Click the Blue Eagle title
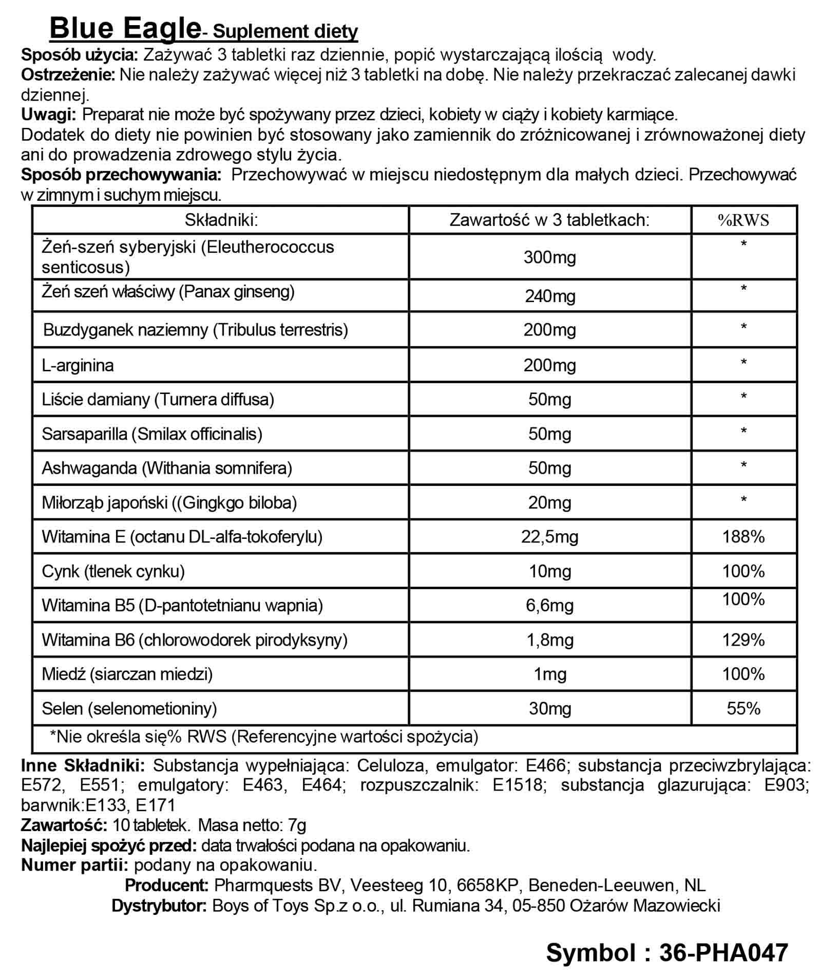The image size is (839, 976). click(x=125, y=28)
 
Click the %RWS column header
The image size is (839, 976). click(x=743, y=220)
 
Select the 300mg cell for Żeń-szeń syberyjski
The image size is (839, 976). click(x=549, y=257)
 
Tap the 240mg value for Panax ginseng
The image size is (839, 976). click(x=549, y=296)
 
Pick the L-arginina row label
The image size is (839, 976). click(x=78, y=365)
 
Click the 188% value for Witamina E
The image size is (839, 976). click(x=743, y=537)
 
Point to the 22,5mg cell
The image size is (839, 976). click(x=549, y=537)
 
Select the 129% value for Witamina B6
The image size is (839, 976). click(x=743, y=640)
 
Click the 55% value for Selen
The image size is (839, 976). click(x=743, y=708)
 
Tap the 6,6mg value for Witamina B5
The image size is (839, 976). click(x=549, y=605)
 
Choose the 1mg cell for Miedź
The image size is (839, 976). click(x=549, y=674)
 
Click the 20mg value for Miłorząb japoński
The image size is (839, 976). click(x=549, y=502)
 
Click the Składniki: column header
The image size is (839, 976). click(x=221, y=220)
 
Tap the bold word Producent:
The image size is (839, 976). click(x=166, y=886)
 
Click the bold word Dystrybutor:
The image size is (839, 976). click(x=159, y=905)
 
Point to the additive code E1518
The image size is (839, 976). click(x=518, y=785)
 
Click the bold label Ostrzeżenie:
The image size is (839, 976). click(x=68, y=75)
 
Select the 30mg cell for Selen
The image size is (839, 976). click(x=549, y=708)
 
